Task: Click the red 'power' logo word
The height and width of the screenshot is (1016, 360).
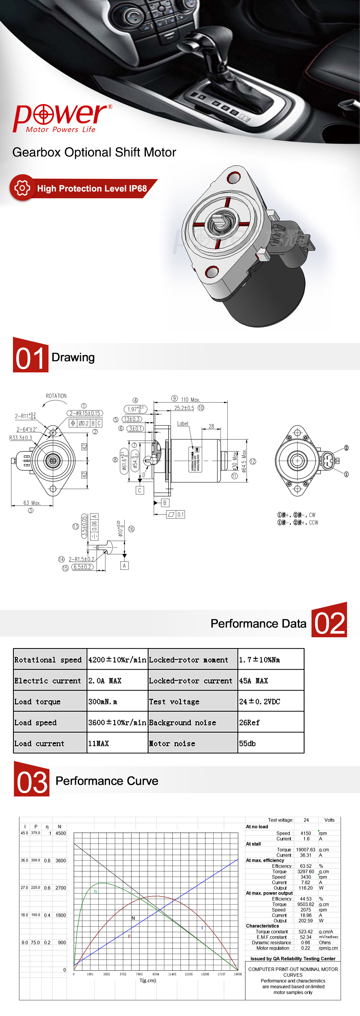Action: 61,116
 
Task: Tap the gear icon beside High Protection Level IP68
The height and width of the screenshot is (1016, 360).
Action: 22,188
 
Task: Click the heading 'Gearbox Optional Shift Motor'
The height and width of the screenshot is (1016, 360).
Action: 94,152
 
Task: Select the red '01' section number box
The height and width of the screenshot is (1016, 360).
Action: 30,355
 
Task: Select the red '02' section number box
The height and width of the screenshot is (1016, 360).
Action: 329,620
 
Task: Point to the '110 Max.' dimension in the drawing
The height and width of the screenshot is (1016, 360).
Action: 190,400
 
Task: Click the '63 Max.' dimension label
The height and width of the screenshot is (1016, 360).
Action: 32,503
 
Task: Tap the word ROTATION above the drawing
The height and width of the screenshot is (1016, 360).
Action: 56,396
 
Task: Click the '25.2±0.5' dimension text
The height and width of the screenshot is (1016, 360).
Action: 184,408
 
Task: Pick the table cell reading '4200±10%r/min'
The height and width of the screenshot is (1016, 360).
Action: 117,660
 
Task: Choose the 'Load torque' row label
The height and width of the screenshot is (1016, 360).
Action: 38,702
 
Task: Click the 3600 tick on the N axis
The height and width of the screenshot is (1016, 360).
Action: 61,861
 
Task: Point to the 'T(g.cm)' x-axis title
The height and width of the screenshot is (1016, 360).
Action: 147,980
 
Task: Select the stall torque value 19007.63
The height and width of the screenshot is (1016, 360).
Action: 306,849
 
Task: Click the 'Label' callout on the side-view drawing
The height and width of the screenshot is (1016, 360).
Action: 182,424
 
